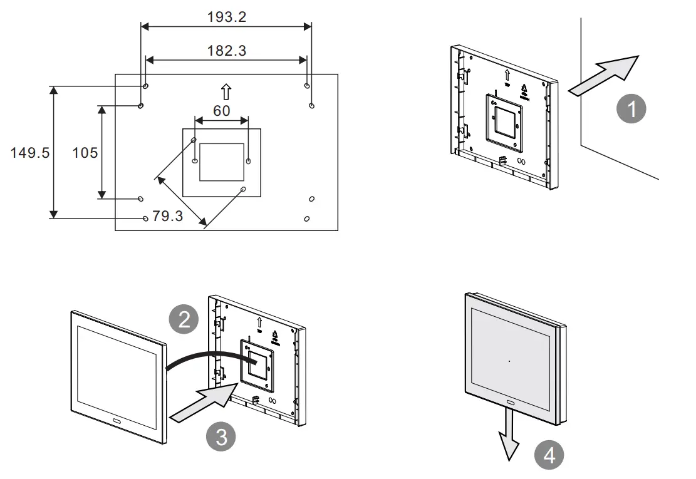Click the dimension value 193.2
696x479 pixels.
[x=227, y=17]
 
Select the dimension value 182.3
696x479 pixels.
[x=227, y=51]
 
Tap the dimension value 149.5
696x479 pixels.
[x=29, y=153]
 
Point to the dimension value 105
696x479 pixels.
[x=85, y=152]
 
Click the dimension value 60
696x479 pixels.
[x=222, y=111]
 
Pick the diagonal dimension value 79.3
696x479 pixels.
[x=168, y=217]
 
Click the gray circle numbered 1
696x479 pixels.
[x=631, y=110]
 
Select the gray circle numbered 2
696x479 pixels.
[x=184, y=321]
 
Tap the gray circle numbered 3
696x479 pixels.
[x=221, y=436]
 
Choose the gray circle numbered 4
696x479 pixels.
[x=549, y=455]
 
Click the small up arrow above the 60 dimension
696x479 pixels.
[x=226, y=92]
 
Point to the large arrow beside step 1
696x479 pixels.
[x=605, y=75]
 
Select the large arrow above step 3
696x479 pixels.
[x=201, y=402]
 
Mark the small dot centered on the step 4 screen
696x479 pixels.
[x=509, y=361]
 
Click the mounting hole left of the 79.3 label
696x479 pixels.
[x=145, y=219]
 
